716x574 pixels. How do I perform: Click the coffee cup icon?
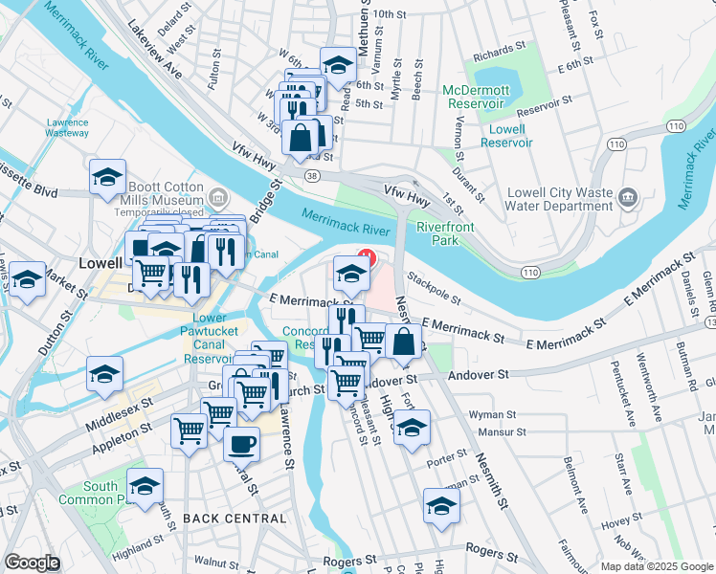coord(241,443)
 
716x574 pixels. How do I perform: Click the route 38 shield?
coord(312,176)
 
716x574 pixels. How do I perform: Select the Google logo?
coord(33,563)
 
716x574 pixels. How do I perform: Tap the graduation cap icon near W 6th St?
coord(337,65)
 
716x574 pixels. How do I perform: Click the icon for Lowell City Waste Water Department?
coord(628,198)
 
